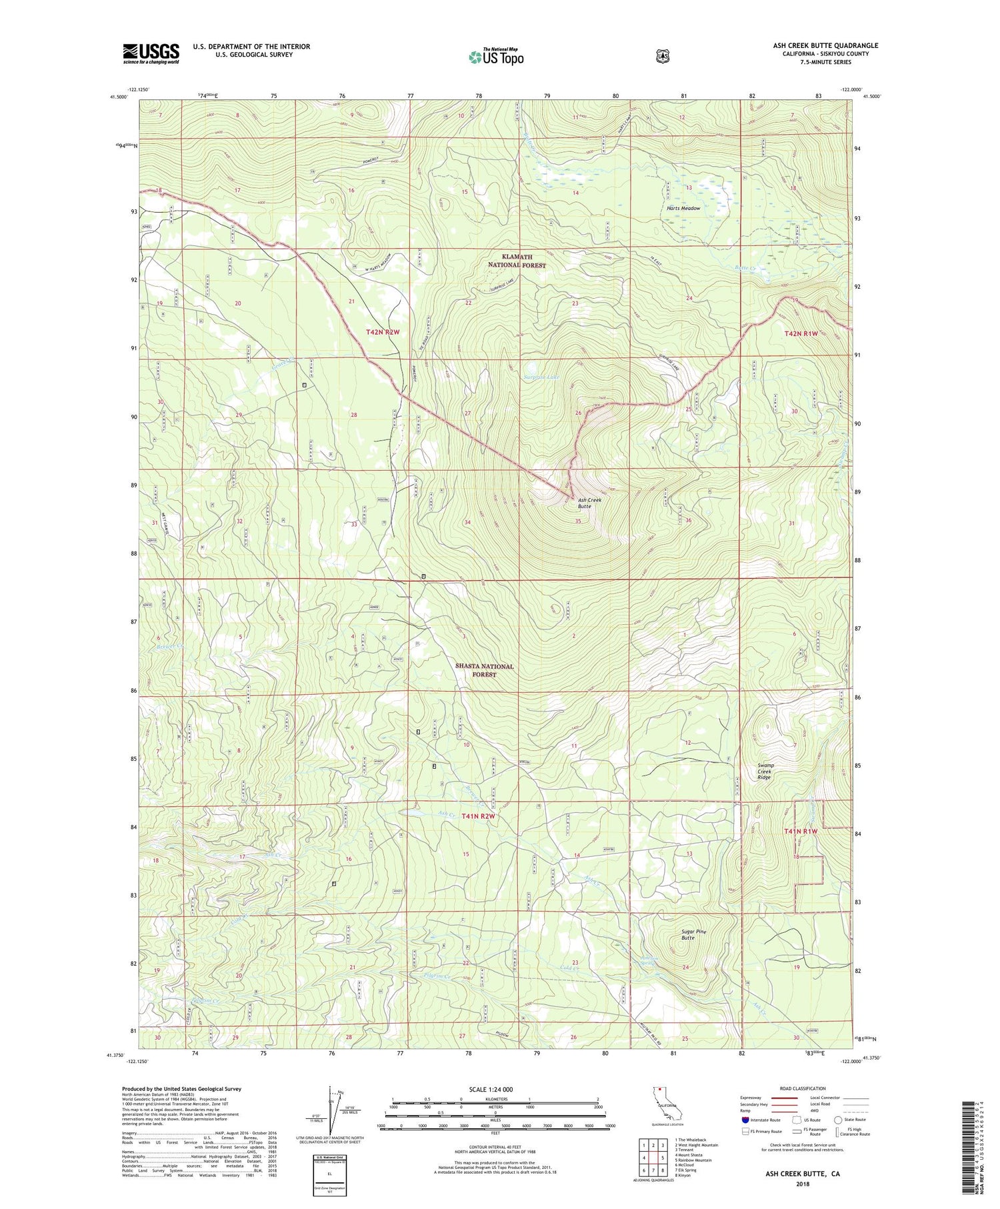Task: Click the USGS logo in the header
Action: [151, 53]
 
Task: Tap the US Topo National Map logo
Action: [496, 56]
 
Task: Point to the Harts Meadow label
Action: [683, 209]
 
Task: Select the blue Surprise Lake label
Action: [541, 377]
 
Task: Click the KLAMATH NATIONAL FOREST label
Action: [517, 261]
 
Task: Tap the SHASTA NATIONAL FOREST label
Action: [485, 670]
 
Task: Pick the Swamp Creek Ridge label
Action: [764, 772]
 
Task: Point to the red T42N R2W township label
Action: [383, 331]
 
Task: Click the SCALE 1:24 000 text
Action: [495, 1090]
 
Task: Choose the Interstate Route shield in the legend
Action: [746, 1120]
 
